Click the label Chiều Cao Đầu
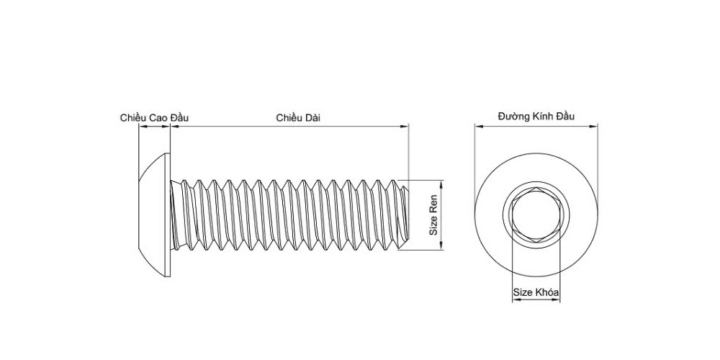tap(154, 117)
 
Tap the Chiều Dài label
tap(298, 117)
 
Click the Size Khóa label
tap(536, 292)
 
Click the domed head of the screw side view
tap(154, 215)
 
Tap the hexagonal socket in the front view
tap(536, 215)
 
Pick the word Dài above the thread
tap(312, 117)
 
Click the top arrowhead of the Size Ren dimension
tap(441, 184)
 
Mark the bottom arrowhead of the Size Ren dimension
tap(441, 246)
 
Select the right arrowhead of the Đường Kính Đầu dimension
tap(594, 125)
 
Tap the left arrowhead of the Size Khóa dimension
tap(516, 300)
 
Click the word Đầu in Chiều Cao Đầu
tap(179, 117)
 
